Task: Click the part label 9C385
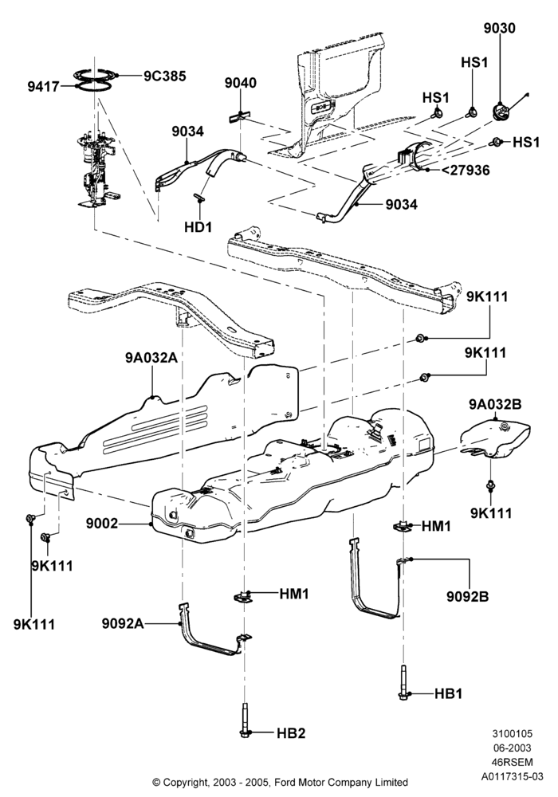pos(165,76)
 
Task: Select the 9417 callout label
pos(44,87)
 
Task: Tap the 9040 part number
pos(241,83)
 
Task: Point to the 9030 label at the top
pos(499,29)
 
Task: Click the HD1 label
pos(198,226)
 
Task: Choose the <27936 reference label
pos(465,170)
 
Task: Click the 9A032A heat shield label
pos(151,358)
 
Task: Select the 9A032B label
pos(495,405)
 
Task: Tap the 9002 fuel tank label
pos(102,523)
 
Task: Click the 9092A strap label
pos(123,623)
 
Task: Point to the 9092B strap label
pos(468,596)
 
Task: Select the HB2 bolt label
pos(291,733)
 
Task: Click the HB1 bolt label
pos(448,693)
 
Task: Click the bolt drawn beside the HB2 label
pos(245,720)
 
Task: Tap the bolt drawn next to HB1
pos(403,683)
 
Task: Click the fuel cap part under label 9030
pos(499,110)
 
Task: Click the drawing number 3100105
pos(512,733)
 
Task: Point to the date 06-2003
pos(512,748)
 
